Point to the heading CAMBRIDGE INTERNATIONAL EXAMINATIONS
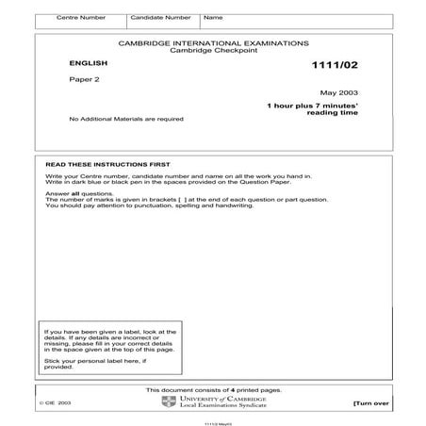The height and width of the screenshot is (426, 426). click(213, 43)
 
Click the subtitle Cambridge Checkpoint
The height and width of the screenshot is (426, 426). click(213, 51)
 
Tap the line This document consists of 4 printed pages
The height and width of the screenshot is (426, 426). click(212, 390)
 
